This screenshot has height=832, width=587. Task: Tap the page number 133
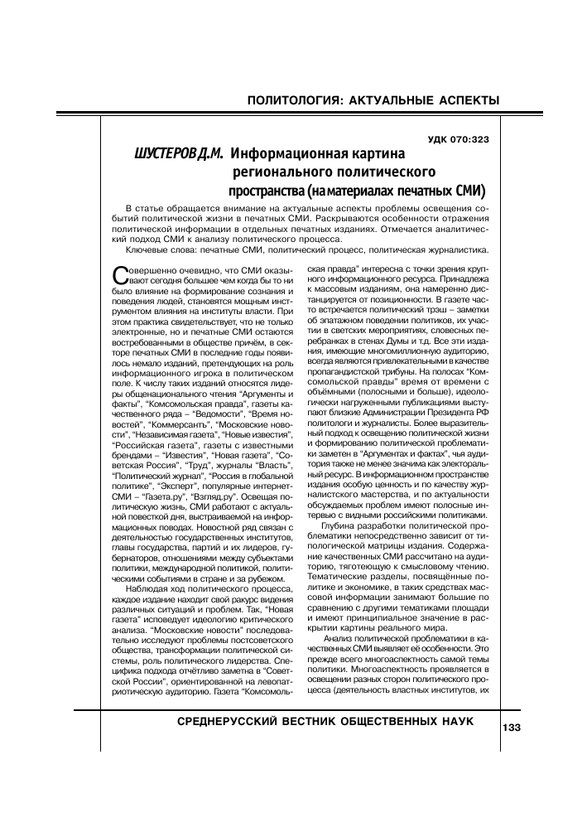(x=510, y=727)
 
